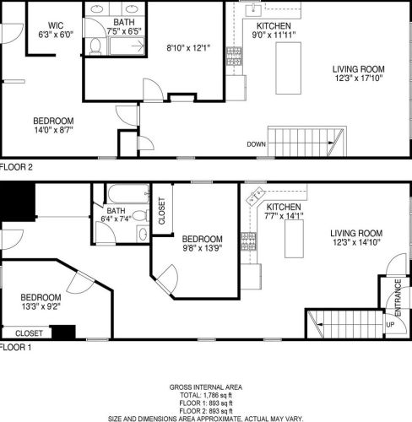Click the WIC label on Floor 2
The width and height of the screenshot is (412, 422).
click(x=56, y=25)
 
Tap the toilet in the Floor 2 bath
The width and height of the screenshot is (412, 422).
click(x=95, y=46)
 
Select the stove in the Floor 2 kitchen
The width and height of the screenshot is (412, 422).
click(x=234, y=56)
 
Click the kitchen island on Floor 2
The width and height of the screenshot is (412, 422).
click(x=288, y=68)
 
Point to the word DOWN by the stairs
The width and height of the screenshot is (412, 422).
click(x=256, y=144)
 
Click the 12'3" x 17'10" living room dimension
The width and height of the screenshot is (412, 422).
click(x=359, y=78)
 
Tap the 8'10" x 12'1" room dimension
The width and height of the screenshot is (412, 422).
click(x=188, y=48)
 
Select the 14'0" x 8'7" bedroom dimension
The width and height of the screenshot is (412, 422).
click(x=54, y=130)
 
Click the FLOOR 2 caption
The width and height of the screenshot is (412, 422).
click(x=16, y=167)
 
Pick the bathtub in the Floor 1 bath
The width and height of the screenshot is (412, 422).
click(x=128, y=193)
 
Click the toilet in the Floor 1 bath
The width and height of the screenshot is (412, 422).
click(x=141, y=216)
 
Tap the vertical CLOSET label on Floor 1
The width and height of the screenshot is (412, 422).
click(x=162, y=211)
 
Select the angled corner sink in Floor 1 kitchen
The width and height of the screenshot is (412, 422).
click(x=256, y=195)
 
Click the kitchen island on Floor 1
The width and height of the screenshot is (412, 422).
click(x=294, y=239)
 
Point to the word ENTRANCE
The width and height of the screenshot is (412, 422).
click(x=398, y=297)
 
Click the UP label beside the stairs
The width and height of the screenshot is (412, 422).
click(x=390, y=325)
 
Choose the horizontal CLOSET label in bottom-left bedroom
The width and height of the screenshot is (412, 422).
click(x=29, y=333)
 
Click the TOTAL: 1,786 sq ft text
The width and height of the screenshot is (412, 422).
click(x=206, y=395)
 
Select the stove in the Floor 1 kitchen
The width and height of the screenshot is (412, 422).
click(x=249, y=241)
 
